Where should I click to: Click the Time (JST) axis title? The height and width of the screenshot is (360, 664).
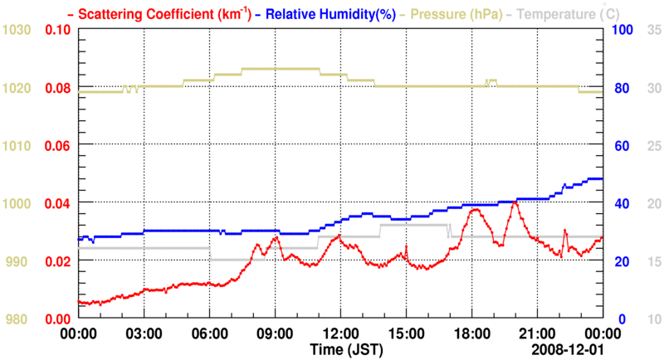pyautogui.click(x=347, y=348)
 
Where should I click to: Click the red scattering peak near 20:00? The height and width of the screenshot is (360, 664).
pyautogui.click(x=515, y=202)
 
